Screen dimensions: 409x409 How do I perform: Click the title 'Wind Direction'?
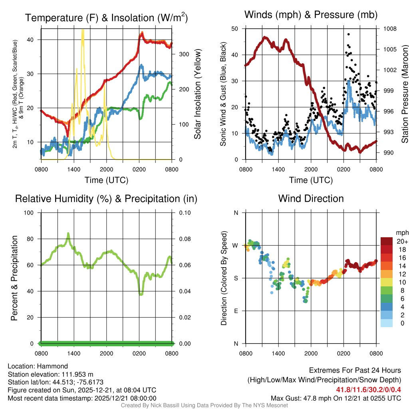(x=311, y=199)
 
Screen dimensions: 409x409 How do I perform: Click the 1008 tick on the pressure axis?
(x=389, y=29)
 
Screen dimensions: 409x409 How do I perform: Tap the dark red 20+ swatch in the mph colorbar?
(x=387, y=241)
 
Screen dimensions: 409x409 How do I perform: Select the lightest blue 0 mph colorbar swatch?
(x=387, y=323)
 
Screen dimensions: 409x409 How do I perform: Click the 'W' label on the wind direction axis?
(x=236, y=245)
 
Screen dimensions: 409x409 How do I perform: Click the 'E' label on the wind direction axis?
(x=236, y=311)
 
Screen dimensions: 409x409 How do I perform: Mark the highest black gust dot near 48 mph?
(x=349, y=34)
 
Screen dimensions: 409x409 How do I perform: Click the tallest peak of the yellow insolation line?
(x=83, y=31)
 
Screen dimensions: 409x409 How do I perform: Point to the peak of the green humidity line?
(x=68, y=233)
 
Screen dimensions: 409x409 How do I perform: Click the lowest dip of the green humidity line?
(x=141, y=294)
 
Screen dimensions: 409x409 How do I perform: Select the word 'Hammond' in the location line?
(x=53, y=366)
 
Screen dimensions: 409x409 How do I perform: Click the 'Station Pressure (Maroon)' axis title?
(x=404, y=94)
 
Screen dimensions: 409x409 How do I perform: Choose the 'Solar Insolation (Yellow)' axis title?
(x=198, y=94)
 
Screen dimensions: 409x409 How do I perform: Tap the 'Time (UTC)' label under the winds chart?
(x=311, y=180)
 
